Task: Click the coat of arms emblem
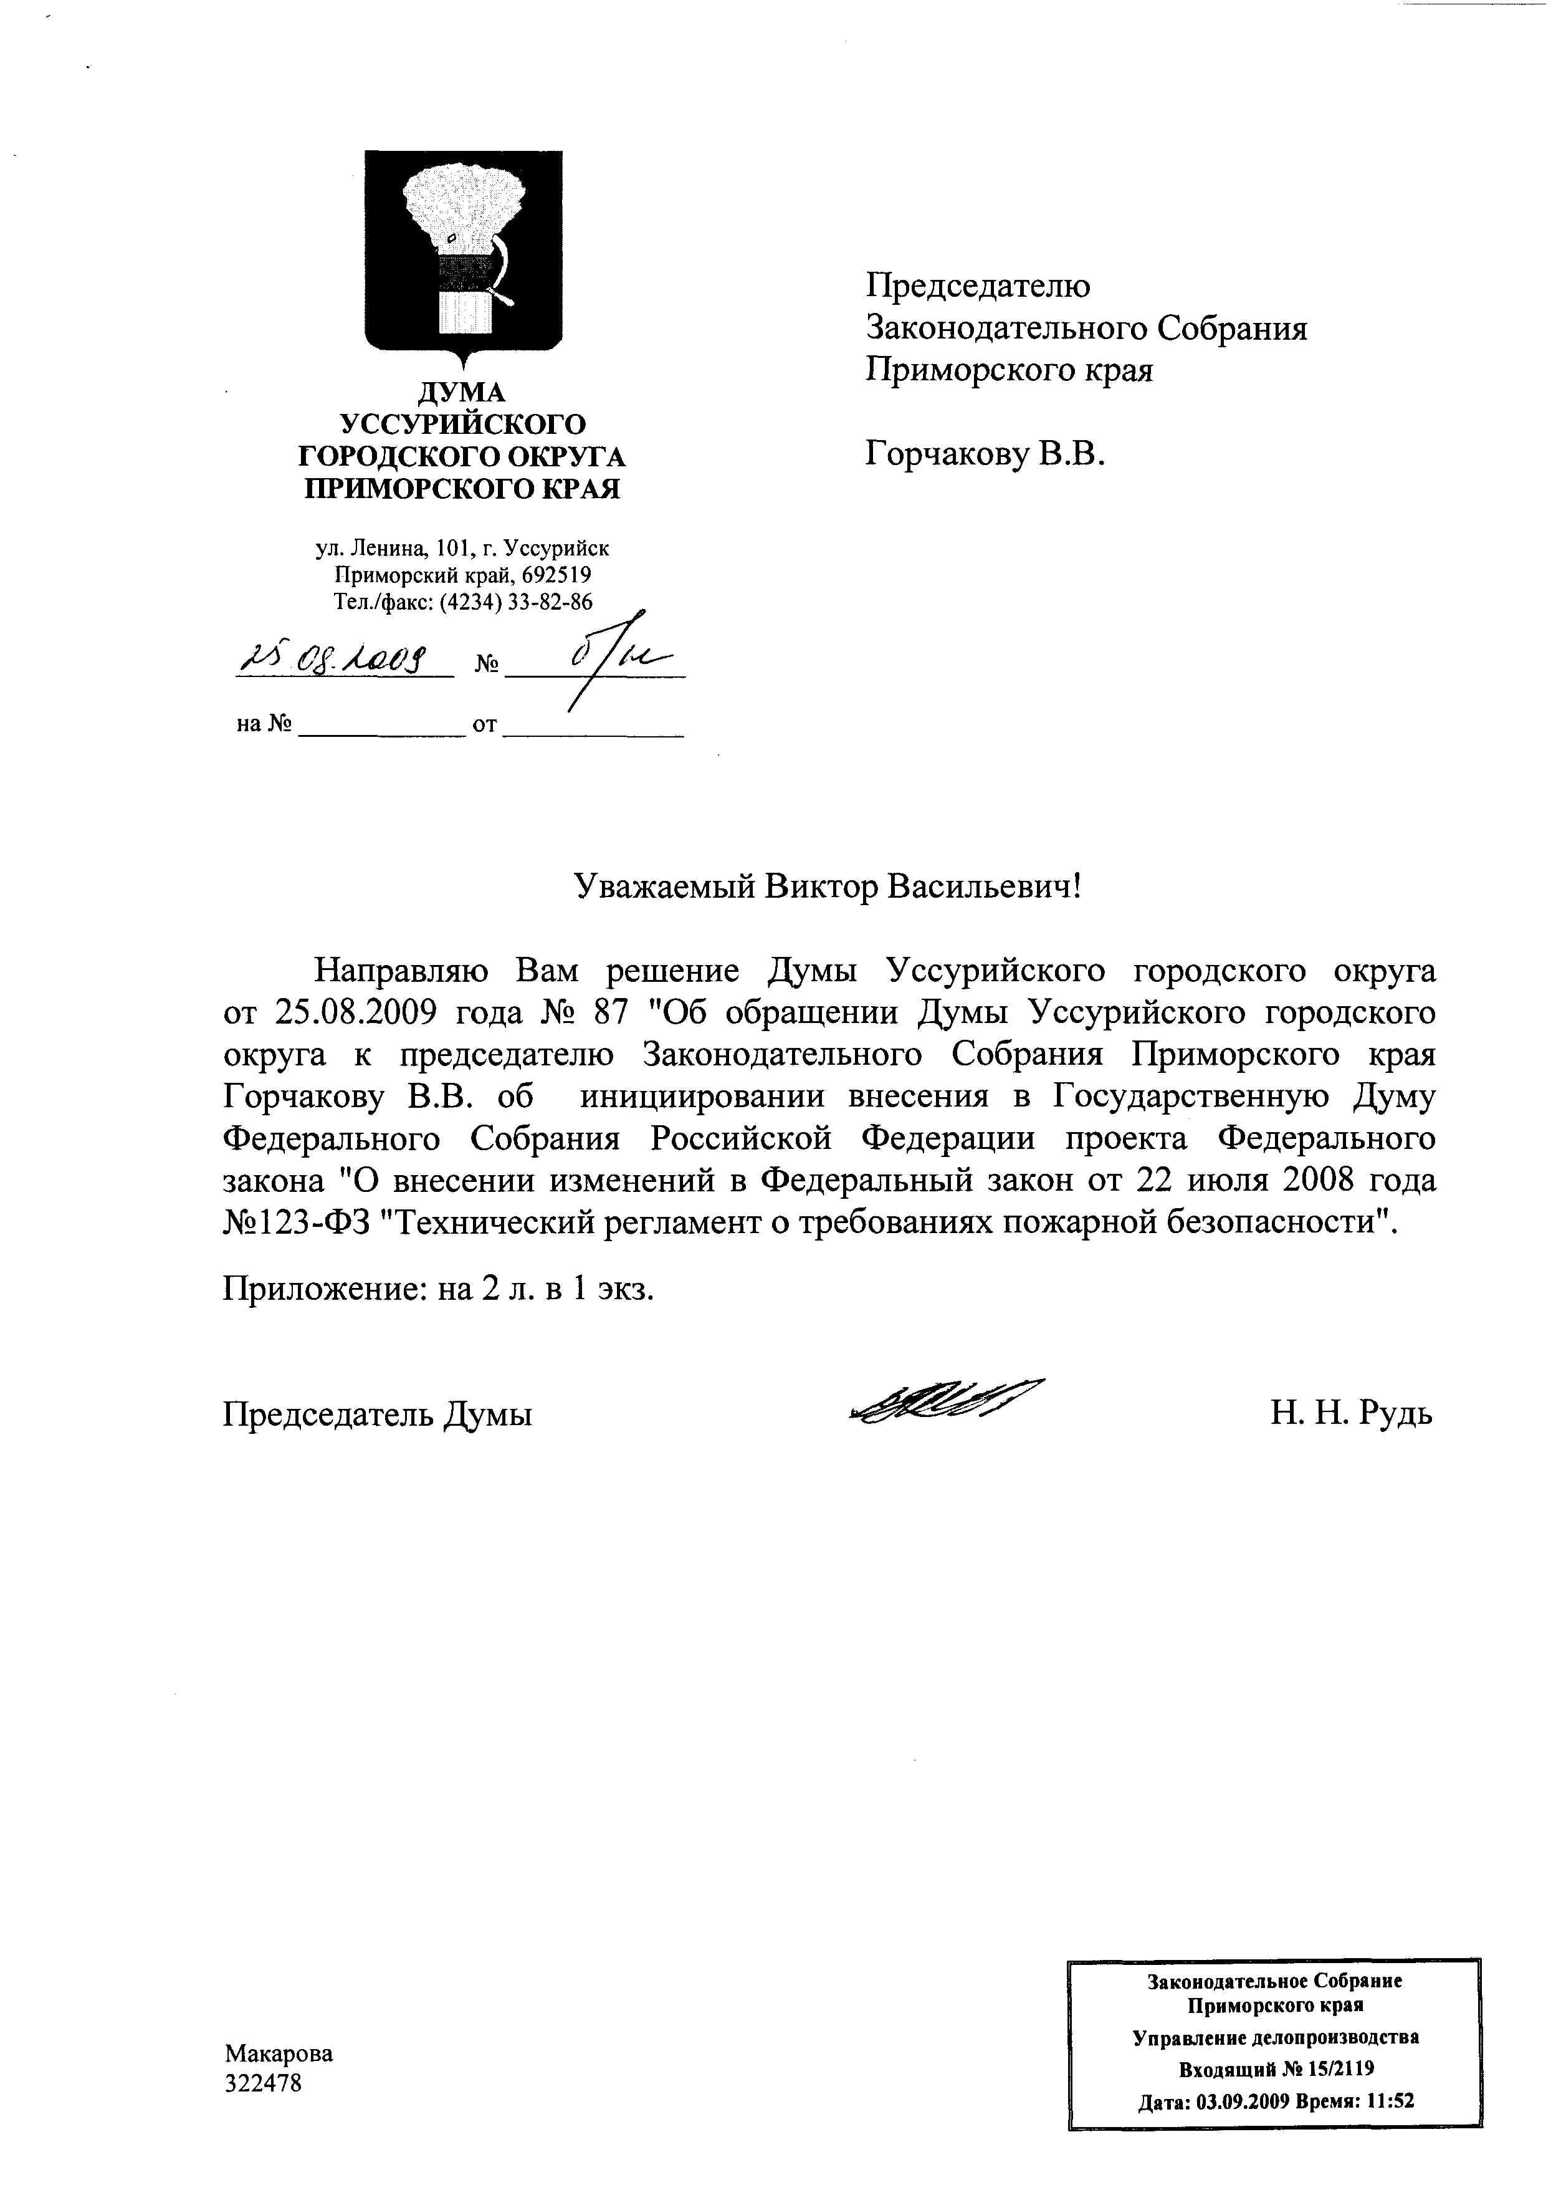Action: [x=463, y=255]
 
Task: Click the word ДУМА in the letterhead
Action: [x=461, y=391]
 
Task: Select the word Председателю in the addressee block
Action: [x=978, y=286]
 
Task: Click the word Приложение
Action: [x=324, y=1288]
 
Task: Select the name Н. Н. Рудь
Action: [x=1350, y=1413]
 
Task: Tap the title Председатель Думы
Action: [x=378, y=1414]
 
